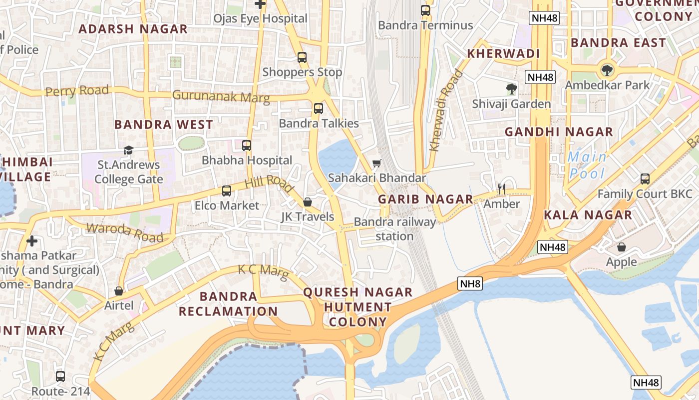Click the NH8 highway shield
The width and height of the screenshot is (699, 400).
[x=470, y=284]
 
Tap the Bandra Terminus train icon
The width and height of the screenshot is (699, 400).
[x=425, y=10]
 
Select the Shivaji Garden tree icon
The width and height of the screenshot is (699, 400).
[x=511, y=89]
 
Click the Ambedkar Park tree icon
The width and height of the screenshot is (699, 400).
[x=607, y=70]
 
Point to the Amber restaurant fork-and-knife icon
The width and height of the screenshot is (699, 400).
[x=502, y=188]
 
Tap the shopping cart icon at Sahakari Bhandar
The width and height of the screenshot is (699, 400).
[x=377, y=163]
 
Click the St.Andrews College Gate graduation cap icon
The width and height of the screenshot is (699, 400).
[x=128, y=150]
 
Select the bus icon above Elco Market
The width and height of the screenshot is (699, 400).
[x=226, y=190]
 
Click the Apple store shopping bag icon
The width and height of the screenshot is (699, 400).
[x=622, y=247]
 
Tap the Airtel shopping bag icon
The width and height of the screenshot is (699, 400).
[x=119, y=291]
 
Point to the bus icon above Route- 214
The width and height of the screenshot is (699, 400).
[x=60, y=376]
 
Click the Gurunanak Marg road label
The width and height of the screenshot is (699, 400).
[x=221, y=96]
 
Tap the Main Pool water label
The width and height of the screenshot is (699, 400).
[x=587, y=165]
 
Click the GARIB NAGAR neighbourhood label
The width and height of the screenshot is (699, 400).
[x=425, y=199]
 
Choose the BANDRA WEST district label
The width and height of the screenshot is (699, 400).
[x=164, y=124]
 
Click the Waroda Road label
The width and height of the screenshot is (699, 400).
[x=125, y=232]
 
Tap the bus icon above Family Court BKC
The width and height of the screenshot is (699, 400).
[x=645, y=179]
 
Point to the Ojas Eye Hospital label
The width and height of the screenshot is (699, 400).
[x=260, y=18]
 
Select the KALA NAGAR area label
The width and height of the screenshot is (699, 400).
[x=588, y=215]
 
